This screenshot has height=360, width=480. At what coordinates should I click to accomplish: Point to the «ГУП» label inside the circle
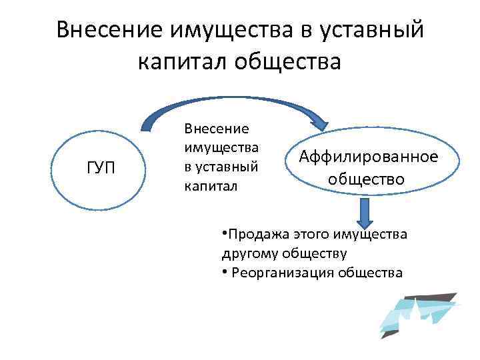coord(101,168)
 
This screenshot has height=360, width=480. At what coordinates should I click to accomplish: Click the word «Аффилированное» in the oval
coord(369,157)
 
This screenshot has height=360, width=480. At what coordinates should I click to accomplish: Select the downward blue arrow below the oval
coord(364,214)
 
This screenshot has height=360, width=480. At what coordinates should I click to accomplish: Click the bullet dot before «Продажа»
coord(224,233)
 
